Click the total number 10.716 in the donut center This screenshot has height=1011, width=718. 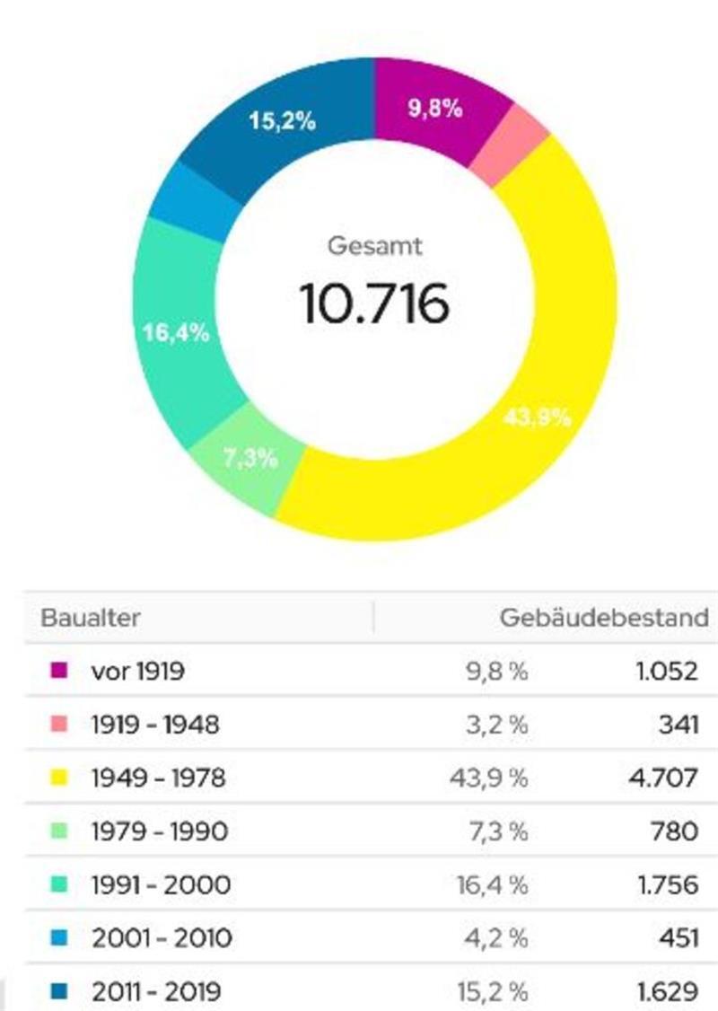click(x=373, y=303)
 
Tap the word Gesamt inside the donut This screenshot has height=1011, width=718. click(x=374, y=245)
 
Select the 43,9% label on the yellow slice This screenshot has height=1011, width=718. click(x=538, y=418)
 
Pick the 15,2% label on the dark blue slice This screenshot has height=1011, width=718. click(x=282, y=121)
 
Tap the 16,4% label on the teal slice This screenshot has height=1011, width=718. click(x=176, y=333)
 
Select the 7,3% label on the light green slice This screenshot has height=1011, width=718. click(x=250, y=458)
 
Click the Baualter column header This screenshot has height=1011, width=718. click(x=90, y=618)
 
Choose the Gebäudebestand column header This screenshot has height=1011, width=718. click(x=603, y=618)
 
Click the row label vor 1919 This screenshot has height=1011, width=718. click(x=137, y=671)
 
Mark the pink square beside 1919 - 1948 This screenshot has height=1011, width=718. click(x=60, y=724)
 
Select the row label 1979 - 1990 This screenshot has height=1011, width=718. click(x=159, y=831)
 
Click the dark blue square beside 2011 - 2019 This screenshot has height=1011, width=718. click(x=60, y=991)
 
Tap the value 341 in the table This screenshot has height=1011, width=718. click(x=678, y=724)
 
